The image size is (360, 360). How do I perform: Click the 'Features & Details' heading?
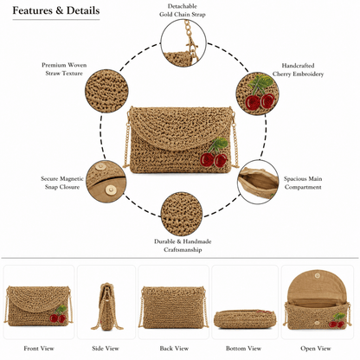click(56, 10)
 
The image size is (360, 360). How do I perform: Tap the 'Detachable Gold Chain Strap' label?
click(183, 10)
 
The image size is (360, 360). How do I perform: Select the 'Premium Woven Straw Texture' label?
click(64, 69)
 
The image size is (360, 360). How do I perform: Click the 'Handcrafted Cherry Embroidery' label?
click(298, 70)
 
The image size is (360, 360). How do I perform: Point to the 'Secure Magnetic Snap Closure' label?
click(62, 183)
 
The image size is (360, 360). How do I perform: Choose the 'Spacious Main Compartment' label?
click(303, 183)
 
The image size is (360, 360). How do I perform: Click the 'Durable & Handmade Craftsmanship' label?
click(183, 246)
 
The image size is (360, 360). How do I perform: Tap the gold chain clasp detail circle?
click(183, 42)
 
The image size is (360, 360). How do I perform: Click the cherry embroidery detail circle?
click(257, 93)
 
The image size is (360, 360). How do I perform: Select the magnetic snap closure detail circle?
click(106, 182)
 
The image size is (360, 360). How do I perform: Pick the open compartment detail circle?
click(258, 182)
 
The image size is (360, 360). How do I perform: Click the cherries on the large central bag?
click(215, 153)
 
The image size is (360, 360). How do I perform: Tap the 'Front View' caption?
click(39, 349)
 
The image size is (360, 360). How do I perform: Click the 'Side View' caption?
click(106, 349)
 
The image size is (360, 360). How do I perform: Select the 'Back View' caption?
click(174, 349)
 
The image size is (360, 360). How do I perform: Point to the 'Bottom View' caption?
click(244, 349)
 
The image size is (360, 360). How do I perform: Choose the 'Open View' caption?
click(316, 349)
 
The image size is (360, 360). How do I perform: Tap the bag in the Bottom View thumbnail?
click(245, 319)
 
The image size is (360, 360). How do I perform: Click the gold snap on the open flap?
click(318, 276)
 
